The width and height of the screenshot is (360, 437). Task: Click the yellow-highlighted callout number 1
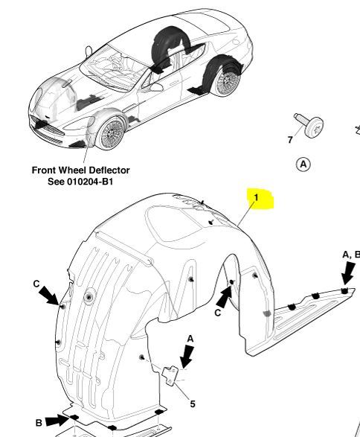(256, 197)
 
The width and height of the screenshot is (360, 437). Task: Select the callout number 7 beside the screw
(290, 140)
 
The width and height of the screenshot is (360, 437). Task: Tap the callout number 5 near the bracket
(193, 403)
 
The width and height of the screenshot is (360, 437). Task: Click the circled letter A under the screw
(303, 164)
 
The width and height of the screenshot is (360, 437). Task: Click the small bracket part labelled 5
(171, 375)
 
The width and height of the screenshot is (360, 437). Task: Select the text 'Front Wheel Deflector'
(81, 170)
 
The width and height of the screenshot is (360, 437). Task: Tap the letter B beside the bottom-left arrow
(39, 423)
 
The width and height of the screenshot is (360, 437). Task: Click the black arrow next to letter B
(57, 420)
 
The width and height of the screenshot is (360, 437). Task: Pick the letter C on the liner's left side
(36, 284)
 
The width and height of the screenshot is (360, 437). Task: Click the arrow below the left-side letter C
(50, 296)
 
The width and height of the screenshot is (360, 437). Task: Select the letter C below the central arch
(218, 313)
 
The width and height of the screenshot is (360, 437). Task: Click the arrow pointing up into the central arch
(225, 296)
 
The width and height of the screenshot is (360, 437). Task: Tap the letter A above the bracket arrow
(190, 339)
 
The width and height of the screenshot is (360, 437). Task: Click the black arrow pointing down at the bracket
(187, 356)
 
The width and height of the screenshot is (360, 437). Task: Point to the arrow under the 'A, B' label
(348, 274)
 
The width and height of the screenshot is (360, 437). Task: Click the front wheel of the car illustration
(111, 133)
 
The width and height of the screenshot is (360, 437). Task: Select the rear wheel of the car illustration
(226, 81)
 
